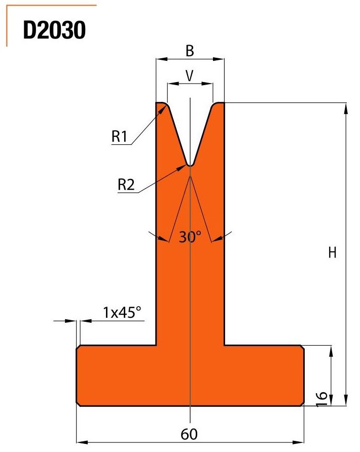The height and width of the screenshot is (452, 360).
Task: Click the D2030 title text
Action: [54, 30]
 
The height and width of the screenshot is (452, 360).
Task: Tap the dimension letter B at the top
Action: [190, 51]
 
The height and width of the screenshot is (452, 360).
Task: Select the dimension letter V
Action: [189, 76]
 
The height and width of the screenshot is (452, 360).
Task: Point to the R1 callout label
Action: [119, 136]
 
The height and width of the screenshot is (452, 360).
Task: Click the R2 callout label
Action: [126, 184]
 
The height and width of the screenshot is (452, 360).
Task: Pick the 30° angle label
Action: [190, 237]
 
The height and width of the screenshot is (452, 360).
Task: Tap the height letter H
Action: [332, 253]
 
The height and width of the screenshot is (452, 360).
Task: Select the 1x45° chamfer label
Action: [122, 312]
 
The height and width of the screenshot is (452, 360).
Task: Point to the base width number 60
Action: [189, 434]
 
